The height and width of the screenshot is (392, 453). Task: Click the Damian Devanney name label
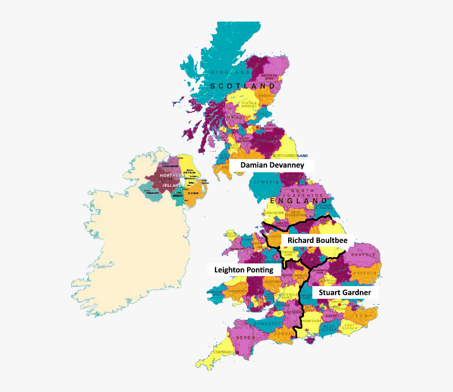pos(272,165)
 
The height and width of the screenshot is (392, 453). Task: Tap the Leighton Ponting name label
pos(243,270)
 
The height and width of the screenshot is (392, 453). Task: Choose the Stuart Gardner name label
pos(344,292)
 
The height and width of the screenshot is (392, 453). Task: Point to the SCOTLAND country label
pos(242,86)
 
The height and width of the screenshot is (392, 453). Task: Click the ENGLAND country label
pos(298,201)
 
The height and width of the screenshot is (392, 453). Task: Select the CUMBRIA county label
pos(266,182)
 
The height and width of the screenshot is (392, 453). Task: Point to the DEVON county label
pos(245,337)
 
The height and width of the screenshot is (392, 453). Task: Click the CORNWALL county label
pos(224,352)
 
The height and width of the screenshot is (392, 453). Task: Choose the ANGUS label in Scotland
pos(265,96)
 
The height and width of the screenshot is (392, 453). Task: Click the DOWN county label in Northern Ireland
pos(194,193)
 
